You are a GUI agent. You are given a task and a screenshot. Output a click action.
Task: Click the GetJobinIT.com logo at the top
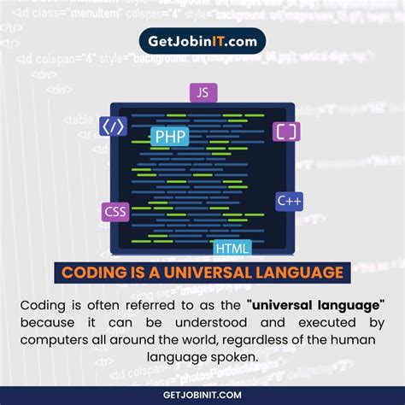point(202,41)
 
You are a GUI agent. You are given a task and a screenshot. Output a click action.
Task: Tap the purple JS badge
point(202,93)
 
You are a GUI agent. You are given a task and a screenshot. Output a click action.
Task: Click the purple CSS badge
point(115,212)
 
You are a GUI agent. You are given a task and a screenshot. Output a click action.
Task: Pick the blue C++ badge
point(289,202)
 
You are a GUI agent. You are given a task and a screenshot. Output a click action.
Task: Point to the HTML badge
point(232,249)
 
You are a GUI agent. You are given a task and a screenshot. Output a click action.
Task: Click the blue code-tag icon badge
point(114,126)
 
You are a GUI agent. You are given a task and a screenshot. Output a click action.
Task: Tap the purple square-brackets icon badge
point(286,131)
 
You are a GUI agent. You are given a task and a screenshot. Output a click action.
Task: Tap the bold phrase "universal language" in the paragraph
point(315,305)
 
